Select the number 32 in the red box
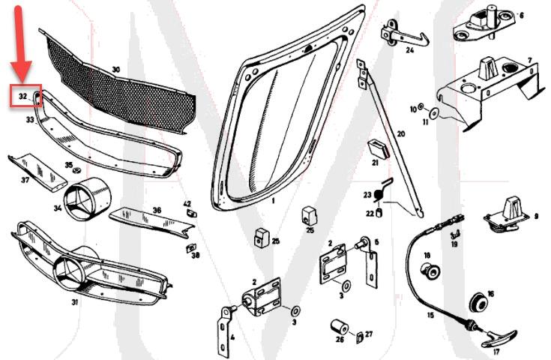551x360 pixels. (x=22, y=97)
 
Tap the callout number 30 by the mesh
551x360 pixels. (x=115, y=70)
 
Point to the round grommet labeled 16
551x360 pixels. (x=476, y=301)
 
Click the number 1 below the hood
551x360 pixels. (x=274, y=202)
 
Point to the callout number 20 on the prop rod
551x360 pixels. (x=400, y=133)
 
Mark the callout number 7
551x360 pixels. (x=529, y=60)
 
